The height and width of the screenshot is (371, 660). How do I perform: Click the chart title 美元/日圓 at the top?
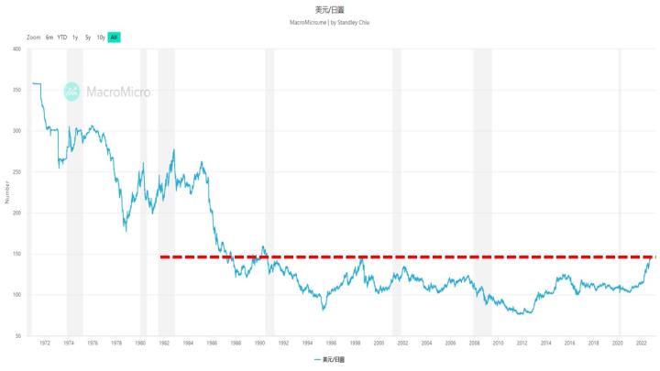click(x=329, y=8)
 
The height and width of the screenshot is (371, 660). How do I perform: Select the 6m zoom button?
click(x=49, y=38)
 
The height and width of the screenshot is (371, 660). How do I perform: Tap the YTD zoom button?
click(x=62, y=38)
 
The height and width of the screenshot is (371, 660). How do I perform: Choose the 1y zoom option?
click(x=75, y=38)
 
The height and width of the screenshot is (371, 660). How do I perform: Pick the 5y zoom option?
click(x=88, y=38)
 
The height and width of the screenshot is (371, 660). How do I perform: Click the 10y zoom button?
click(x=101, y=38)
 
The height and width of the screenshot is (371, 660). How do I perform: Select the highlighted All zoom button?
click(x=114, y=38)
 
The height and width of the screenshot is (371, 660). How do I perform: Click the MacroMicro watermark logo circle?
click(x=71, y=91)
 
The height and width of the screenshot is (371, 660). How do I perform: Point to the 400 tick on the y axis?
click(x=16, y=49)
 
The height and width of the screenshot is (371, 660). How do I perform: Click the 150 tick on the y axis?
click(x=16, y=254)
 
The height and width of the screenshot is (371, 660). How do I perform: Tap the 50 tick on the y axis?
click(x=17, y=335)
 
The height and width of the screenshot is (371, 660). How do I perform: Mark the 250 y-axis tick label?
click(x=16, y=172)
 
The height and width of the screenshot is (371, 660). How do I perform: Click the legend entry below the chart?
click(x=329, y=361)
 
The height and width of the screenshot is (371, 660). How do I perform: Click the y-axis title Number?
click(x=5, y=192)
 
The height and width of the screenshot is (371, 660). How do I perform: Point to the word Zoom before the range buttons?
click(x=34, y=38)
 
